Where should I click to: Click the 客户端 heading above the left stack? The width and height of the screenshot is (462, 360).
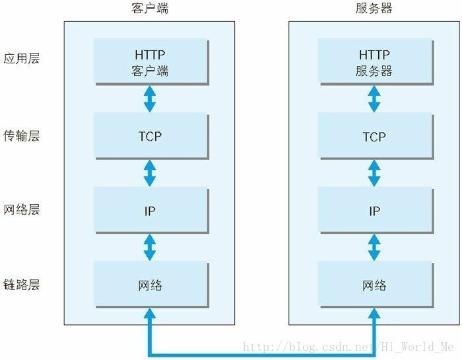(x=150, y=9)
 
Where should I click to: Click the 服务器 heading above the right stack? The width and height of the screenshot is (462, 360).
(x=374, y=9)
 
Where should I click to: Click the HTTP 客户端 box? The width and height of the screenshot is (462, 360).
(x=150, y=62)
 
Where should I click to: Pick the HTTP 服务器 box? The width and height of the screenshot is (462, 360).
(x=374, y=62)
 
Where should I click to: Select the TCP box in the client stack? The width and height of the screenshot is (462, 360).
(x=150, y=136)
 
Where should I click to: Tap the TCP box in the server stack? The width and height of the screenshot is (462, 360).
(x=374, y=136)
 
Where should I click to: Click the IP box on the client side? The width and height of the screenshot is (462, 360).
(x=150, y=211)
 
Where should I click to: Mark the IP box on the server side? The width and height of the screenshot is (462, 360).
(x=374, y=211)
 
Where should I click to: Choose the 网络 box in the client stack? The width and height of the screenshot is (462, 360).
(x=150, y=285)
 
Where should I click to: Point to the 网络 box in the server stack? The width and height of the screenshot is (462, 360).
(x=374, y=285)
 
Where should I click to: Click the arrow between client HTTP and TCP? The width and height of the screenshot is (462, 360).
(x=150, y=99)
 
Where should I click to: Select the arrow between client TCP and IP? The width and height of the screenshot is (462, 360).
(x=150, y=173)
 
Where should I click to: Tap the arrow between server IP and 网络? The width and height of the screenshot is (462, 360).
(x=374, y=248)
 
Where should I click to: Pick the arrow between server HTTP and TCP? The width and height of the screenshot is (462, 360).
(x=374, y=99)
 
